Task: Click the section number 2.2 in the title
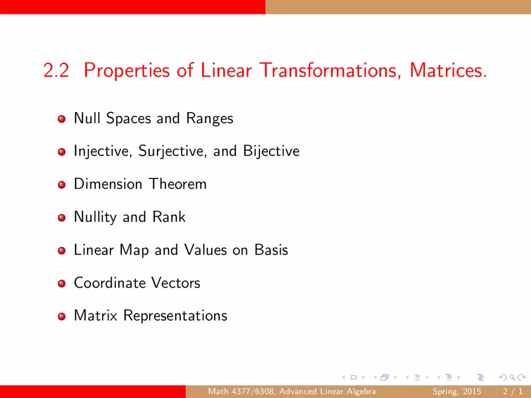[56, 71]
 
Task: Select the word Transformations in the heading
[331, 71]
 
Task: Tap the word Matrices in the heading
[448, 71]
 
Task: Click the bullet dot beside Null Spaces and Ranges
[62, 119]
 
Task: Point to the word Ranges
[209, 119]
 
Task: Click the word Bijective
[272, 151]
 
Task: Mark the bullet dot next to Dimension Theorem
[62, 185]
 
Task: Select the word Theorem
[178, 184]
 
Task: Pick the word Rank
[169, 216]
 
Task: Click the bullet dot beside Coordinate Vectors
[62, 283]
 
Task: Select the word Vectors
[176, 283]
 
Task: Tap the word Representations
[175, 316]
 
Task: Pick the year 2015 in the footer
[472, 391]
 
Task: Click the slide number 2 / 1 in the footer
[512, 391]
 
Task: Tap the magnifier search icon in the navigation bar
[512, 377]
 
